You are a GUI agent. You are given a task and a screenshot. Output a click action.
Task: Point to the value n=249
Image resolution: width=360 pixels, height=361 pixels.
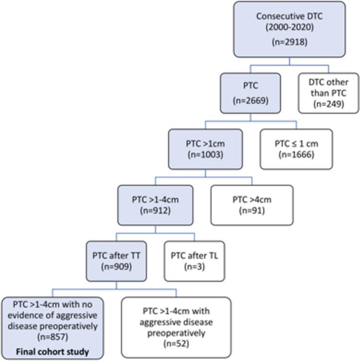pyautogui.click(x=328, y=104)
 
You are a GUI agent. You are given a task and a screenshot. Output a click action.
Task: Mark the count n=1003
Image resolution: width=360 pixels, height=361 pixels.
pyautogui.click(x=205, y=155)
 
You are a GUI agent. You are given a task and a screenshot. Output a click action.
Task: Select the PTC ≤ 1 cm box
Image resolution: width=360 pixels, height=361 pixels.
pyautogui.click(x=296, y=149)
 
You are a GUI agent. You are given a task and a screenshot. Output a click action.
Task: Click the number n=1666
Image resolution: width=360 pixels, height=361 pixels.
pyautogui.click(x=296, y=155)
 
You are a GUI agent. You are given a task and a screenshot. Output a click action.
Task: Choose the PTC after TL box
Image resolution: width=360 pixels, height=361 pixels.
pyautogui.click(x=194, y=260)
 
